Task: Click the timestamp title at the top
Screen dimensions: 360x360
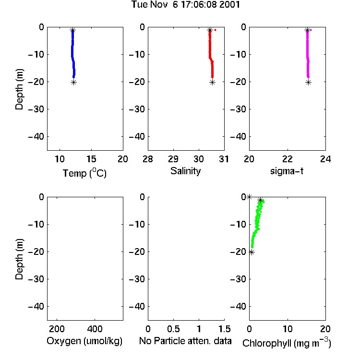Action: pos(185,4)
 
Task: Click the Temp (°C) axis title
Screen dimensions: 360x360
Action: pos(84,173)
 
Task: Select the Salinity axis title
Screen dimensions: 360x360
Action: pos(185,171)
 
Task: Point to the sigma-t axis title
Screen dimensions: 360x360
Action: pos(287,171)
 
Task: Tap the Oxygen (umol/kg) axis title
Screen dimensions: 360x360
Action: pos(84,341)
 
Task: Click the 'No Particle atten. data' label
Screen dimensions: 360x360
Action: pos(185,341)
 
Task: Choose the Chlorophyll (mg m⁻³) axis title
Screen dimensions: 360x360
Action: pos(287,343)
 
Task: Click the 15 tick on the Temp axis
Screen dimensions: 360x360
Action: pos(91,159)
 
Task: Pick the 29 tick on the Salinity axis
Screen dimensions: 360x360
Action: pos(173,159)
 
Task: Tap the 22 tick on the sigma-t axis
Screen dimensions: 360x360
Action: pos(288,159)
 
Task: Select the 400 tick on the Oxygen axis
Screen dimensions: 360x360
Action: pos(95,329)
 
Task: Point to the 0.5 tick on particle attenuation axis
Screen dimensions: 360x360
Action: pos(173,329)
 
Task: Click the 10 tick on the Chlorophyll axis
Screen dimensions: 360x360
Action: pos(288,329)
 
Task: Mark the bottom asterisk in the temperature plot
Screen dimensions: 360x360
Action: pos(73,83)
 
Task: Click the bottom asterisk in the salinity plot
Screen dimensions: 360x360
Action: pos(212,83)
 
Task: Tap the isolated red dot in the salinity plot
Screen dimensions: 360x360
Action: pos(216,30)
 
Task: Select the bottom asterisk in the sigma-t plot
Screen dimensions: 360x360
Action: pos(308,83)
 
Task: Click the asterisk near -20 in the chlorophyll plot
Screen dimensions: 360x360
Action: pos(252,252)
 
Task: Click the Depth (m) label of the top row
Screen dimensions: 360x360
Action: pos(19,89)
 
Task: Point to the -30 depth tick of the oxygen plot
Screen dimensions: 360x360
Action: pos(36,279)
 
